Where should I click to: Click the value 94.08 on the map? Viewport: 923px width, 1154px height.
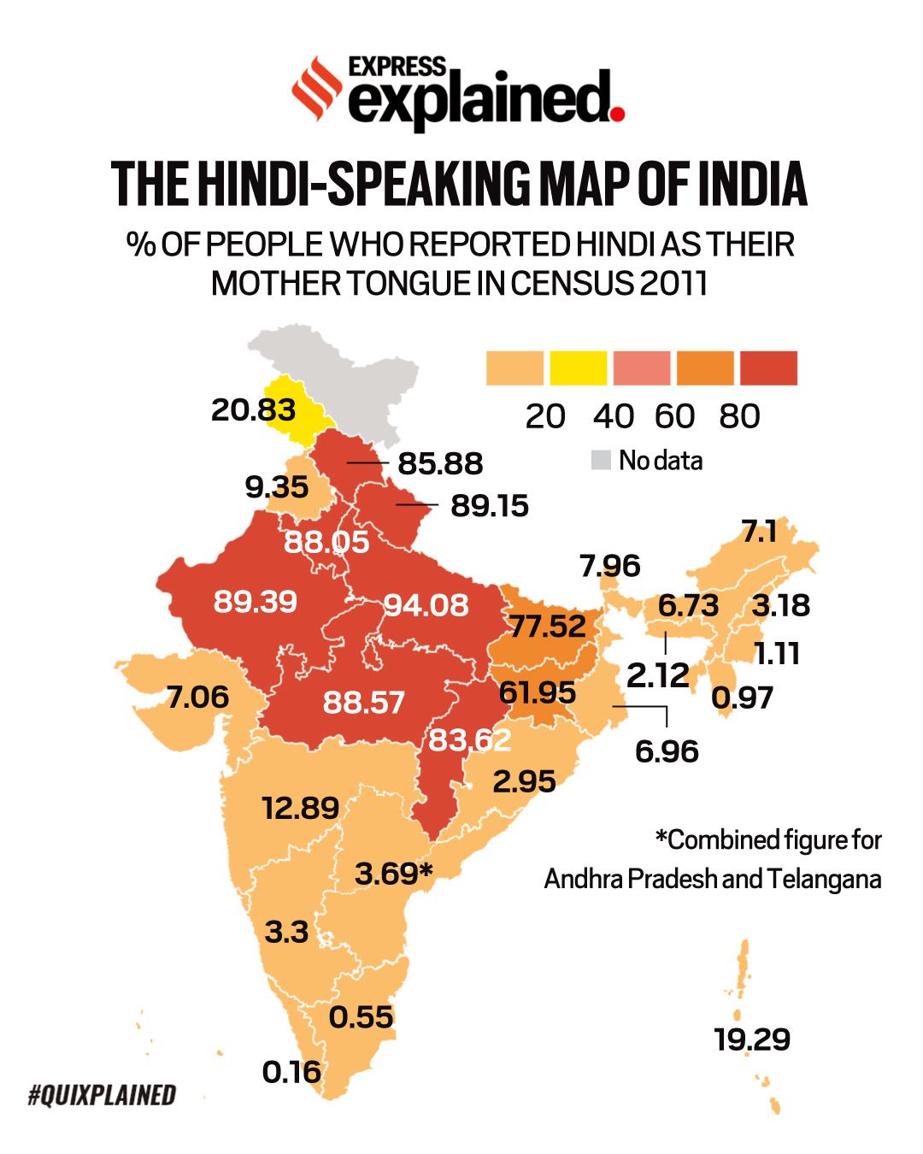pos(426,605)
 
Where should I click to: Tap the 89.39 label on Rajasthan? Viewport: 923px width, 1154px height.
pos(256,601)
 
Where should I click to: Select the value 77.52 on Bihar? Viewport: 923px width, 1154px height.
pos(548,627)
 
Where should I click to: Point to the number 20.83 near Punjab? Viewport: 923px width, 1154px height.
pos(253,410)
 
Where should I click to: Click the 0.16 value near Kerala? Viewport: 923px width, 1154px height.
pos(291,1072)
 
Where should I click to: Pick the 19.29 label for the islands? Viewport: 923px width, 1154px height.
pos(752,1039)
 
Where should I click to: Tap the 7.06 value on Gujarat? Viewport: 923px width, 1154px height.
pos(197,698)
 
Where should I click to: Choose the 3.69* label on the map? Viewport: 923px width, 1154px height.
pos(394,874)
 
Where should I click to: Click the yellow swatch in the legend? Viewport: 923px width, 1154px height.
pos(578,368)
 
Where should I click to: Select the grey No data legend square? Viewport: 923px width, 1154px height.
pos(601,461)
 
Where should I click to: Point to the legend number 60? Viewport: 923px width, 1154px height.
pos(674,416)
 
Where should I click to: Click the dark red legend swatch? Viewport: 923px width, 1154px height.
pos(768,368)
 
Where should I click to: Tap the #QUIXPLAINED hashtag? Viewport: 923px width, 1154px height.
pos(102,1095)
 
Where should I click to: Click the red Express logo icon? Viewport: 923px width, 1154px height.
pos(317,88)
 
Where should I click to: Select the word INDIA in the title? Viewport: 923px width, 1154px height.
pos(752,184)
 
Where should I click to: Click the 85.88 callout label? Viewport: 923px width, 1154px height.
pos(440,463)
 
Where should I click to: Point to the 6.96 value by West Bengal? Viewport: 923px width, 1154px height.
pos(667,751)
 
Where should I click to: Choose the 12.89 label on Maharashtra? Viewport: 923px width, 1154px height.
pos(300,808)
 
